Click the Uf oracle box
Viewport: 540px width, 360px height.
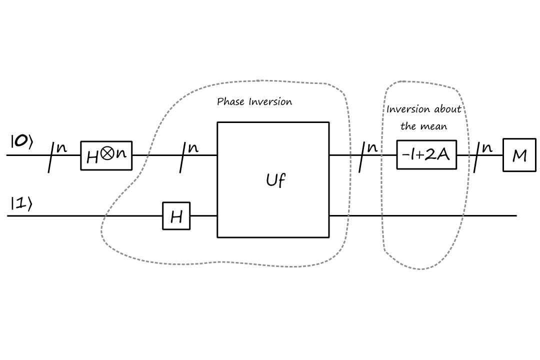tap(273, 179)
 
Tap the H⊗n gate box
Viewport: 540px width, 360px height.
tap(106, 155)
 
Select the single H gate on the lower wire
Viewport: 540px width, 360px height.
tap(176, 216)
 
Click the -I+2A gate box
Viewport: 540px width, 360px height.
tap(426, 155)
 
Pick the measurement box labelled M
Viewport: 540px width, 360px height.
tap(519, 156)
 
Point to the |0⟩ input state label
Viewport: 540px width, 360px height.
tap(21, 142)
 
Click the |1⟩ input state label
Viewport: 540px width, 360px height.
tap(20, 204)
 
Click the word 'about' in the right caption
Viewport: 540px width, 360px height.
tap(447, 109)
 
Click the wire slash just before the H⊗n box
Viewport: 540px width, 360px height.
tap(52, 156)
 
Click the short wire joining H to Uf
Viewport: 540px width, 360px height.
tap(203, 216)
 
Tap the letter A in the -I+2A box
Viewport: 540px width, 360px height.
tap(443, 155)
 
